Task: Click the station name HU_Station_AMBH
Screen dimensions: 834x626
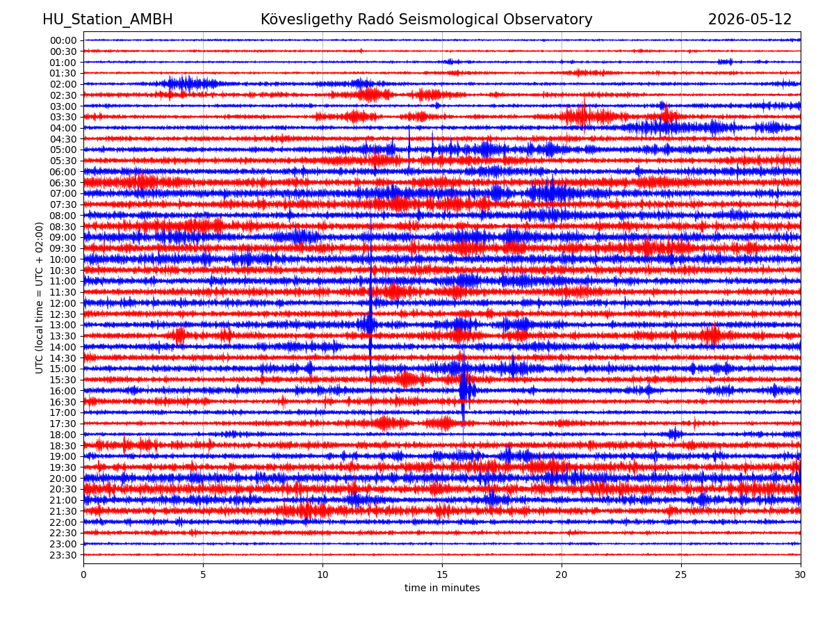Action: point(108,19)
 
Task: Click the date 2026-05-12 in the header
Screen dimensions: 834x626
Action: point(749,19)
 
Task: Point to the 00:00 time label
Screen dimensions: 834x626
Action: point(63,40)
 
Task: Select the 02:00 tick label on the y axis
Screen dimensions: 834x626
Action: point(63,84)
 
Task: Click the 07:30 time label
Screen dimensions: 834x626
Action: point(63,204)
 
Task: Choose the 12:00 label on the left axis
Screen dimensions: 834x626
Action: point(63,303)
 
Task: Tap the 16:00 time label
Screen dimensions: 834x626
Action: point(63,390)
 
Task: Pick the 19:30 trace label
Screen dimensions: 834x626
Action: point(63,467)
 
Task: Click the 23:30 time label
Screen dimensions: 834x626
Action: point(63,554)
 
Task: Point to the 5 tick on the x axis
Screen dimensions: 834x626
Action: point(203,574)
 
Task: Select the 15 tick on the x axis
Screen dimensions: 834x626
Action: point(442,574)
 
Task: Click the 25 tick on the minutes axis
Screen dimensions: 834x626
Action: point(680,574)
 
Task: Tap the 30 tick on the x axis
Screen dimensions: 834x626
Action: point(800,574)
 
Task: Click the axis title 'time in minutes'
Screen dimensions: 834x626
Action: point(441,588)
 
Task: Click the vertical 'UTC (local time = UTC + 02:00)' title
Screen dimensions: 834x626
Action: point(39,298)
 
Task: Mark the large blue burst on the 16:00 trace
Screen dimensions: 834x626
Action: point(466,390)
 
